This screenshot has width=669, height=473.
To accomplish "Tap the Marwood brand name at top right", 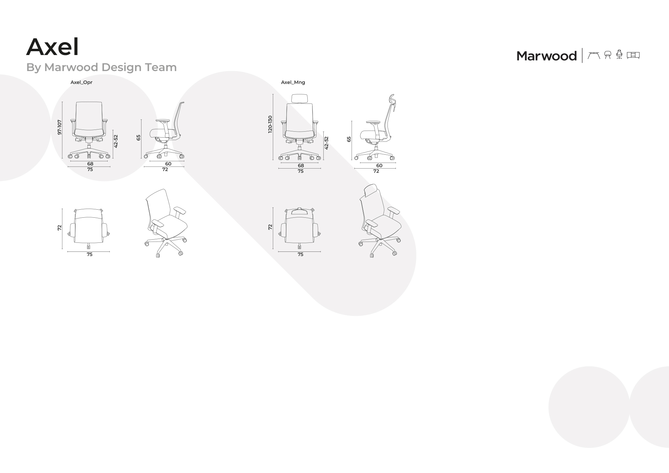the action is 546,56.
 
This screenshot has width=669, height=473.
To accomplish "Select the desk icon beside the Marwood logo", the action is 594,55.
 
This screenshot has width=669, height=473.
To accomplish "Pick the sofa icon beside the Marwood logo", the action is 633,55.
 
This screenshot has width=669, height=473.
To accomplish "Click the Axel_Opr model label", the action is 82,83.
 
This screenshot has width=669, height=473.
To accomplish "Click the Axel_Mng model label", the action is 293,83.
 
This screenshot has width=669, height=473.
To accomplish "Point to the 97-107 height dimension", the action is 60,127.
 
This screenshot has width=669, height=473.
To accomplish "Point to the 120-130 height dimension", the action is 270,124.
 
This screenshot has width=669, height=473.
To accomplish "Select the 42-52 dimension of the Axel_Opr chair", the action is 116,141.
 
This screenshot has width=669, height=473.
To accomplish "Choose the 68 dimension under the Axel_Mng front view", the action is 301,165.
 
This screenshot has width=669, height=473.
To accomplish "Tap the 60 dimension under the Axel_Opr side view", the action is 168,164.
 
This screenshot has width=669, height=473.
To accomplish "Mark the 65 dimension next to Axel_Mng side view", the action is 349,139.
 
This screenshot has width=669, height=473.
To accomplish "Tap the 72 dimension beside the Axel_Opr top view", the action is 59,228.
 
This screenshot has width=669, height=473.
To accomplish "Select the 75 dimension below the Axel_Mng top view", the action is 300,255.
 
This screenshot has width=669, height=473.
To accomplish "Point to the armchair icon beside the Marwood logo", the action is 608,55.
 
